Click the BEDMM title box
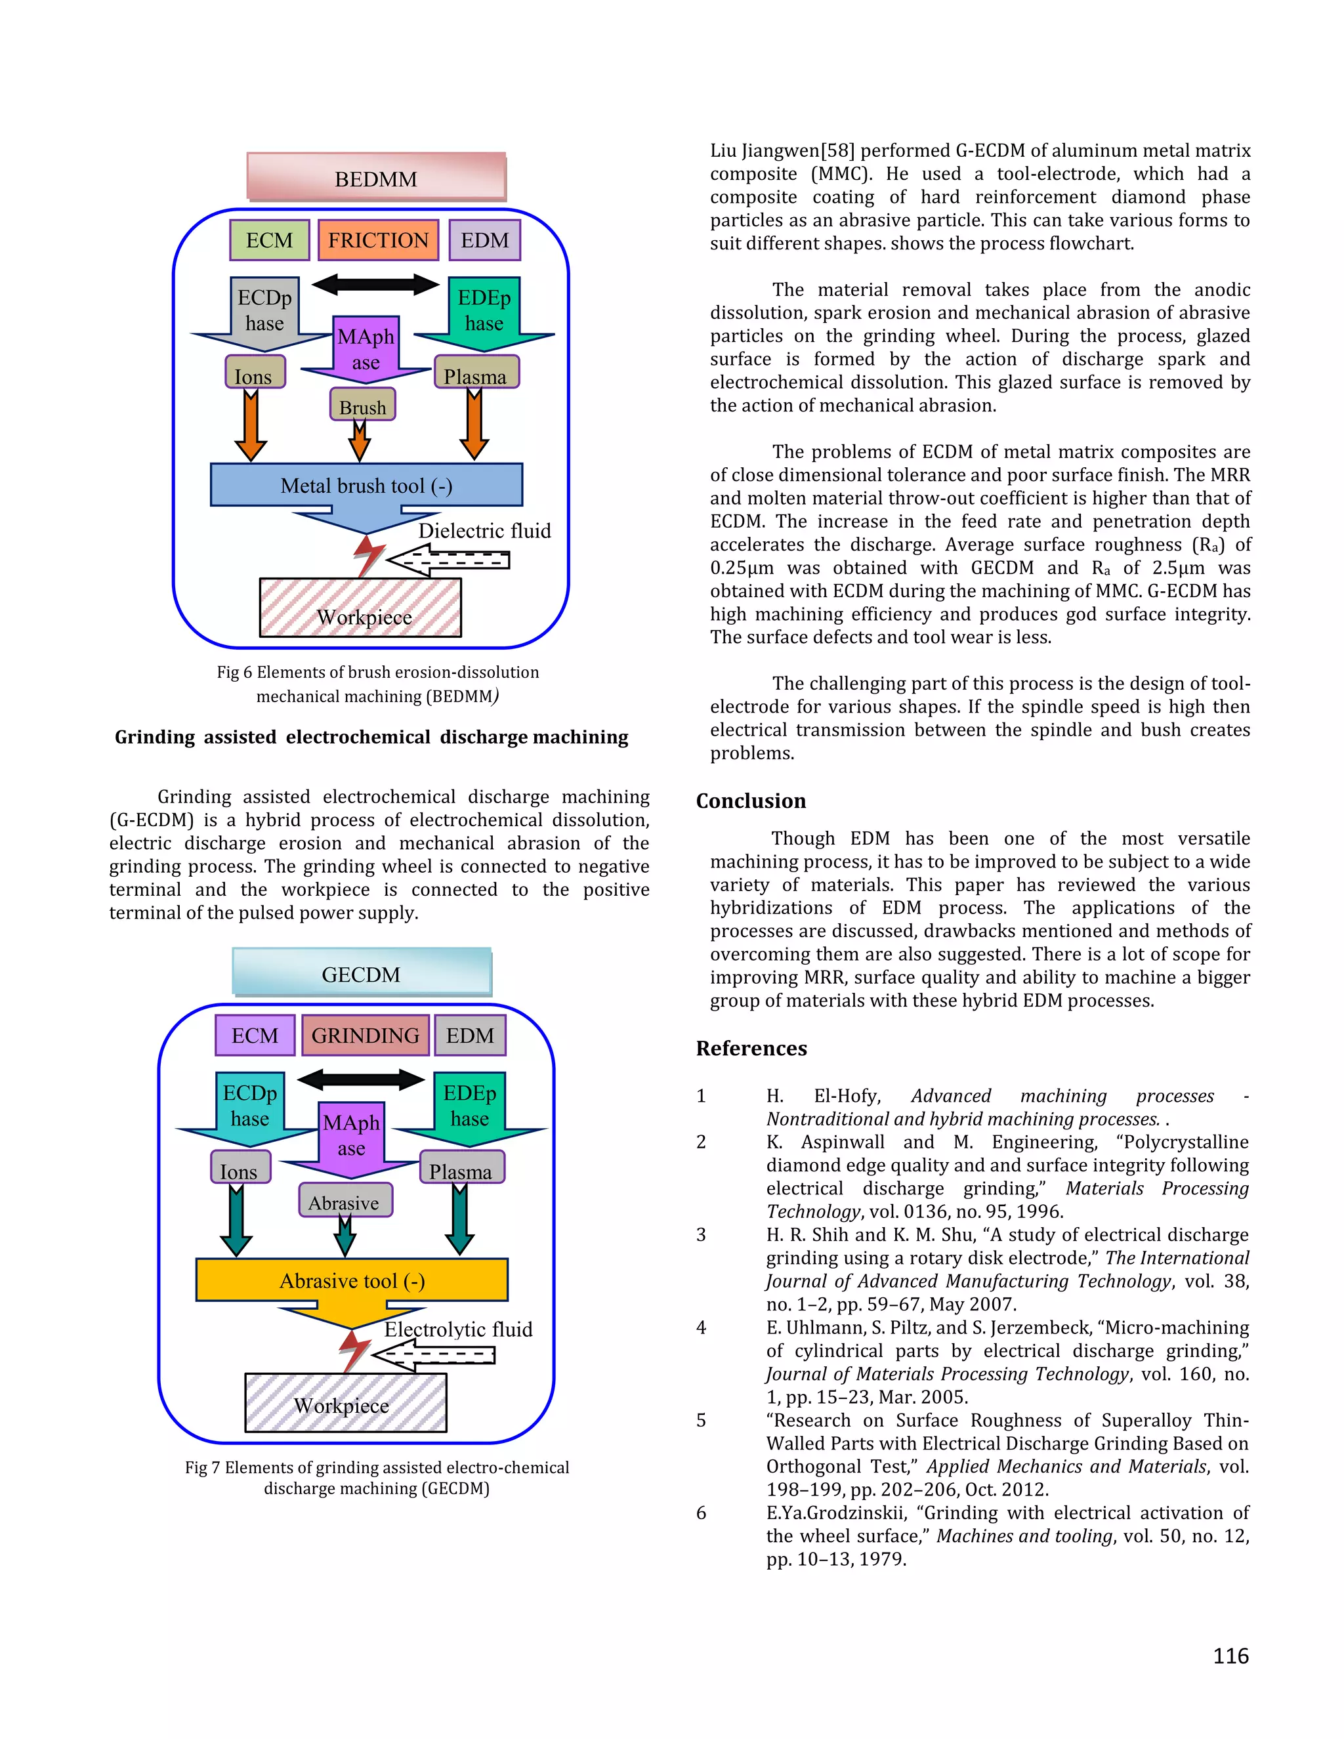[376, 177]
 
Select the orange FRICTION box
[378, 240]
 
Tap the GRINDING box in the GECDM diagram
[366, 1035]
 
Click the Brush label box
[362, 406]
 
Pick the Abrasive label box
[345, 1202]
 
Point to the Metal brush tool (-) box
[366, 485]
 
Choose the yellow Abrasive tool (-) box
[352, 1280]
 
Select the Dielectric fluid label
[484, 531]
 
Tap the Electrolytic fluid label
[458, 1329]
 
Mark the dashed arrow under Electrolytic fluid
[434, 1354]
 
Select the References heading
[751, 1049]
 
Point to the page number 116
[1230, 1656]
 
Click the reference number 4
[701, 1328]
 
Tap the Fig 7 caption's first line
[377, 1467]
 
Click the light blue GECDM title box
[362, 973]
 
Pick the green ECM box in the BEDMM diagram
[269, 240]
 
